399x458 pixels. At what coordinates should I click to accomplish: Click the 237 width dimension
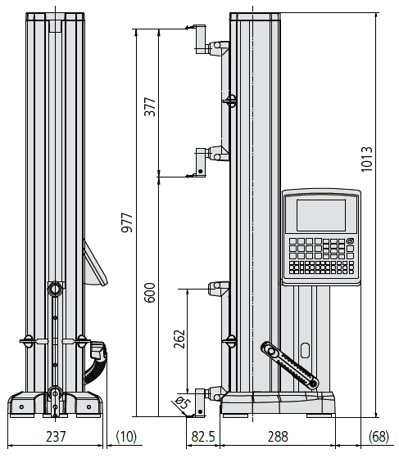click(56, 437)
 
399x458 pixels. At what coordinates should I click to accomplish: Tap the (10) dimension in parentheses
click(126, 437)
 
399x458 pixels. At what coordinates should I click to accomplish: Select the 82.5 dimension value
click(203, 437)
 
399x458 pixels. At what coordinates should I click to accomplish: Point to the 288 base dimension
click(278, 437)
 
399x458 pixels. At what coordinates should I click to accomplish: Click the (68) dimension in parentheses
click(379, 437)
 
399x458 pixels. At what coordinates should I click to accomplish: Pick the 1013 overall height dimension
click(366, 159)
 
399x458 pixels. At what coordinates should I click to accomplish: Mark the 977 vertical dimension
click(127, 222)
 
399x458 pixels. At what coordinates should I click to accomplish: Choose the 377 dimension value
click(150, 107)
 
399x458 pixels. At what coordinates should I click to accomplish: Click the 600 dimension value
click(150, 293)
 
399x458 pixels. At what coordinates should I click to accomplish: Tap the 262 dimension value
click(179, 339)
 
